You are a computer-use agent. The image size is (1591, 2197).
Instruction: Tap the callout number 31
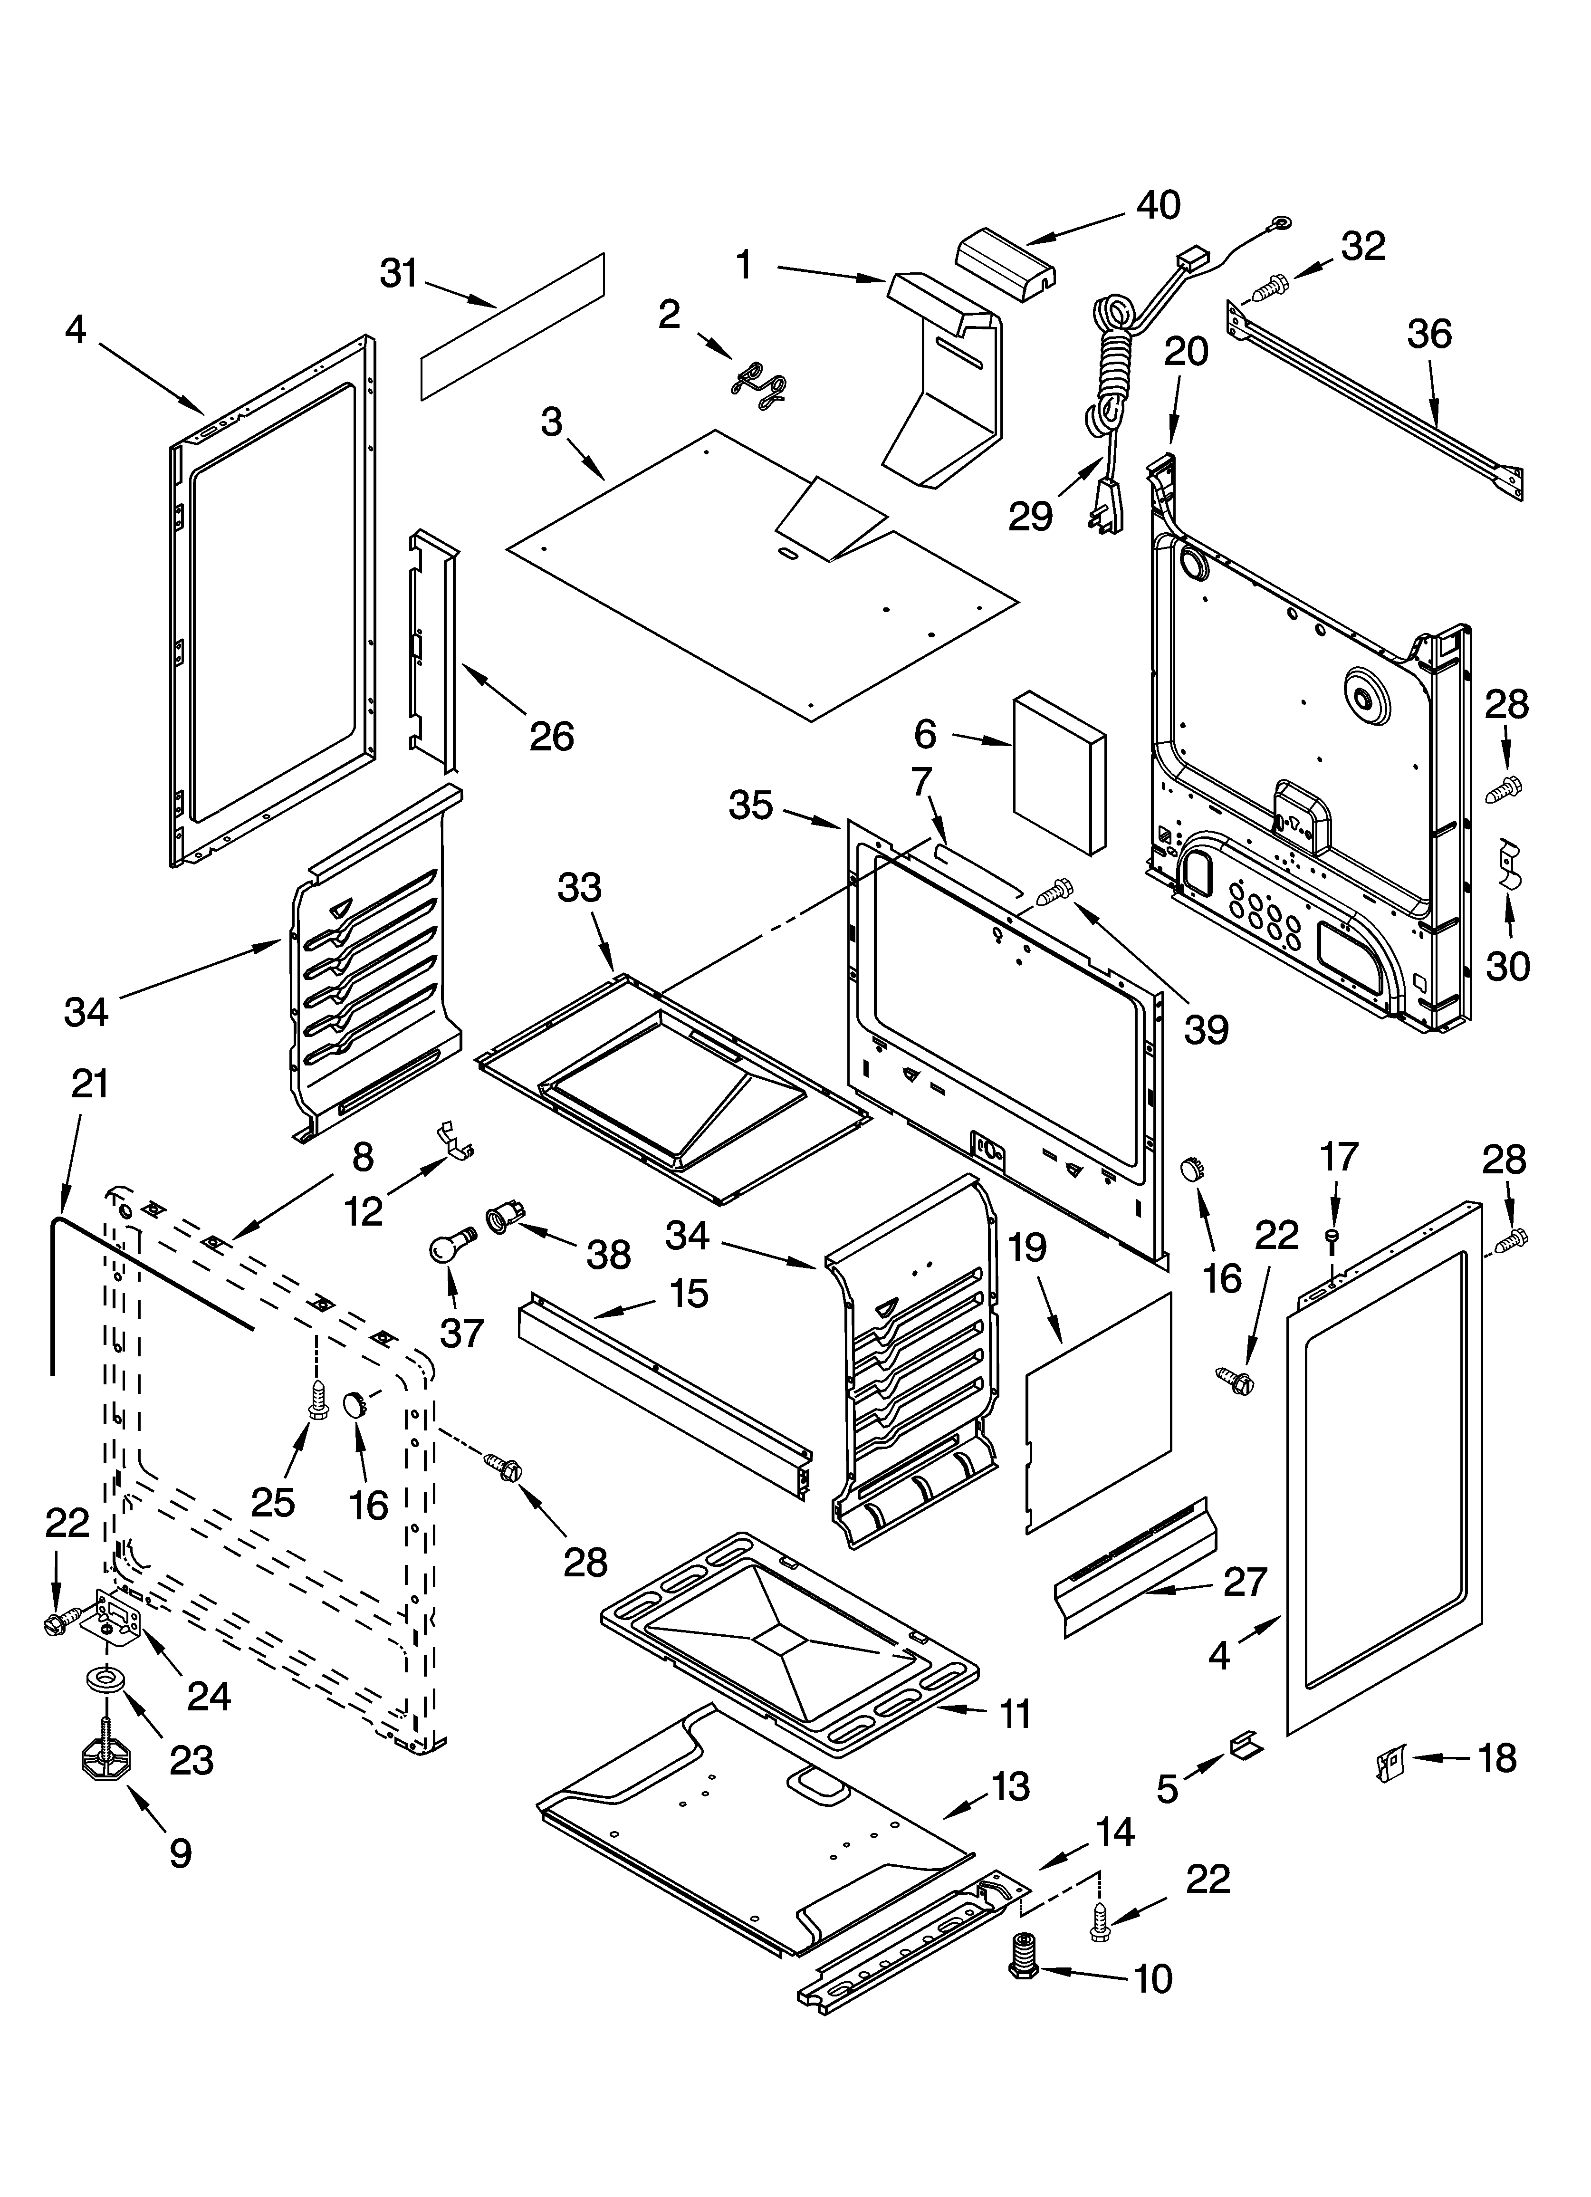[x=398, y=274]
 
